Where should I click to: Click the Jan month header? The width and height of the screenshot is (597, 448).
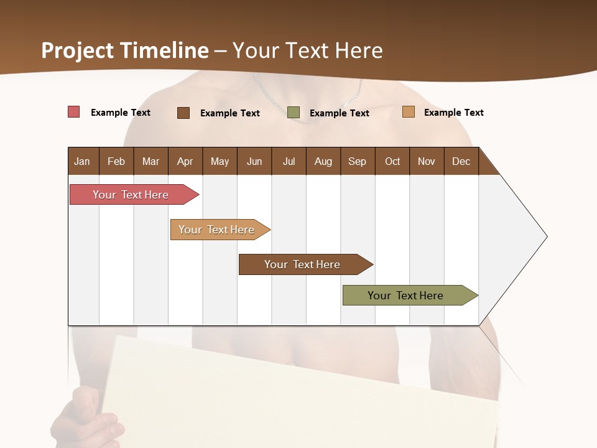82,161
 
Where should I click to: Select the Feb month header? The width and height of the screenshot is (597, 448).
116,161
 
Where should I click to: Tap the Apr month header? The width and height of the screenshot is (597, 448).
185,161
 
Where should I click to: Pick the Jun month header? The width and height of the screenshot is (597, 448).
254,161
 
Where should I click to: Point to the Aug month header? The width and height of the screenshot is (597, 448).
323,161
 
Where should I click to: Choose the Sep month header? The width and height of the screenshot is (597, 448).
357,161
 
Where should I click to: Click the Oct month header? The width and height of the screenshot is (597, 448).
392,161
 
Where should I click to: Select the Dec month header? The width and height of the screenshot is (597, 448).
461,161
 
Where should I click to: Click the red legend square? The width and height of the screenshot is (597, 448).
74,112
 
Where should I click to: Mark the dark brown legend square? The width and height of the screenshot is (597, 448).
183,113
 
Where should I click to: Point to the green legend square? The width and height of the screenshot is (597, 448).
294,113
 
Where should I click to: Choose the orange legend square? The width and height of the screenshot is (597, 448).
409,112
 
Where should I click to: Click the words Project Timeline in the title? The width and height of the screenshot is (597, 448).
125,50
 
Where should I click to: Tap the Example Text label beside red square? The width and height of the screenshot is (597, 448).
121,113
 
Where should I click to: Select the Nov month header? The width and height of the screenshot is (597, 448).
427,161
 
